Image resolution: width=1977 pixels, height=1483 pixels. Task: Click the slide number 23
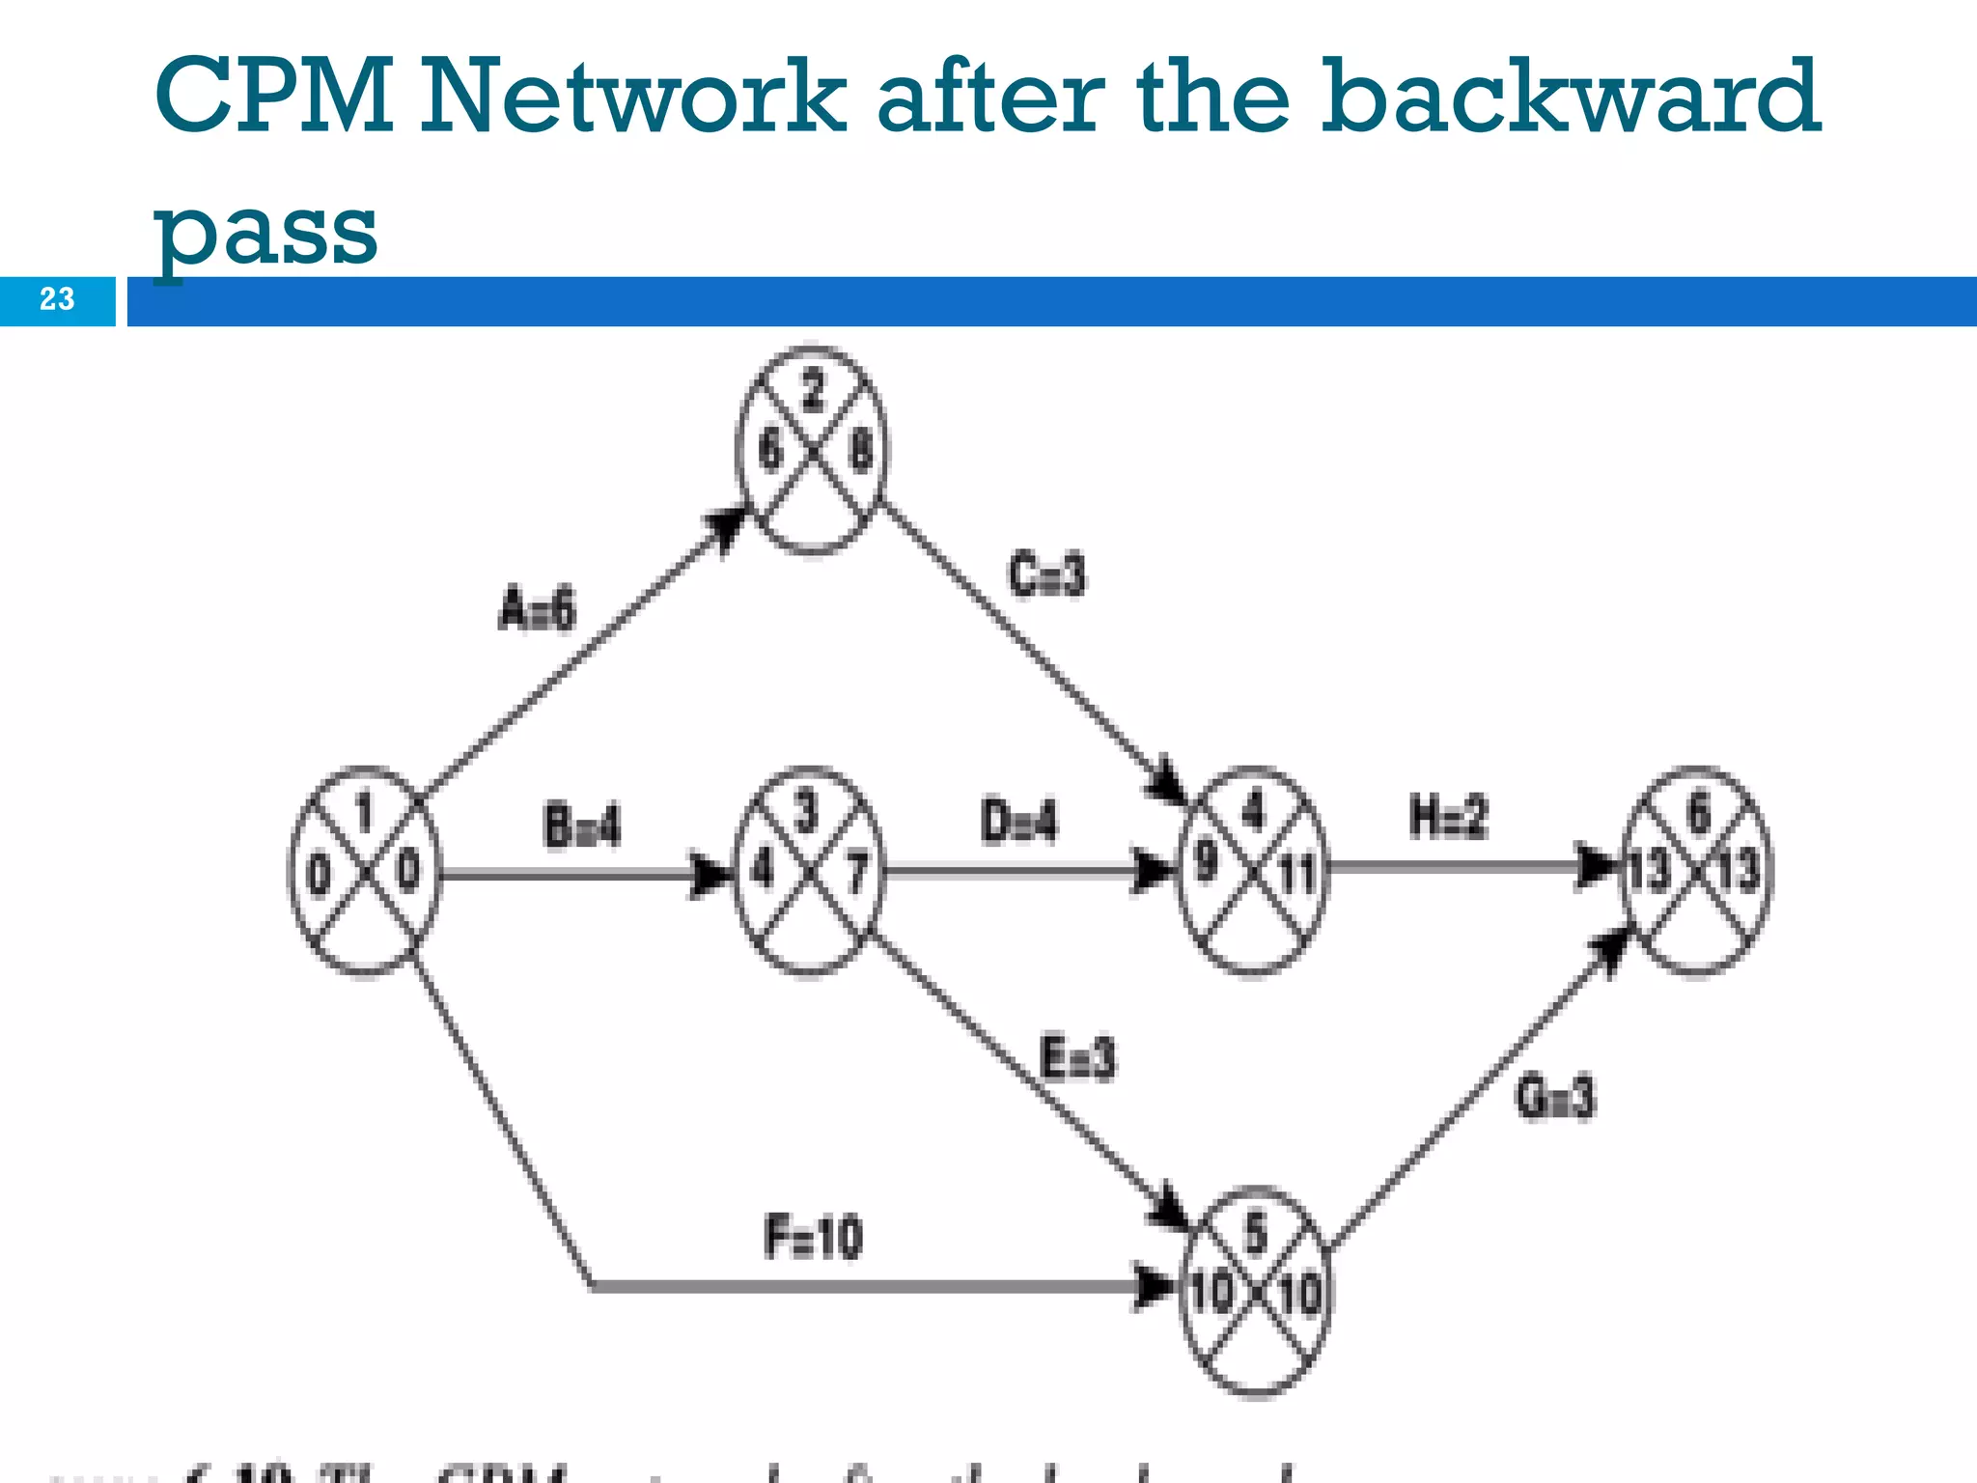57,299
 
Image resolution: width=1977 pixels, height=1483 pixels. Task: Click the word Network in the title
632,97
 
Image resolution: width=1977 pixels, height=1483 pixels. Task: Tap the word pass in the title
265,232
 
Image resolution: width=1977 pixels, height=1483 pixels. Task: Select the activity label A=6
537,609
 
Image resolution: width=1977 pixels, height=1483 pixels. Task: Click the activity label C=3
1046,574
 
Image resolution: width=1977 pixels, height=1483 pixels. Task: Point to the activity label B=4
582,827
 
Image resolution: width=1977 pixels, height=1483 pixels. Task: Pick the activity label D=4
1018,823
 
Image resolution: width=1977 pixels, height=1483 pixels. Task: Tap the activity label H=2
1448,818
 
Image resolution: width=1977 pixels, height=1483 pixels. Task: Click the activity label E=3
1077,1057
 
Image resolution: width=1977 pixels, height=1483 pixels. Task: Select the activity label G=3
1555,1098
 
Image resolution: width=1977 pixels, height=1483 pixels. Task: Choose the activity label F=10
813,1237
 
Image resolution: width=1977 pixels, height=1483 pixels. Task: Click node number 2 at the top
813,391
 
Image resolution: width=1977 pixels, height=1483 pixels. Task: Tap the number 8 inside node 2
860,451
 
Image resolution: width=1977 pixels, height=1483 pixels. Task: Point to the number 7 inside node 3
856,873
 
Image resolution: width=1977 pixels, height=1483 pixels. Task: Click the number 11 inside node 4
1296,875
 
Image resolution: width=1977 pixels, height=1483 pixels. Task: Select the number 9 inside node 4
1206,860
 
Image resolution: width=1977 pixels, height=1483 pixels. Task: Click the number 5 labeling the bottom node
1254,1235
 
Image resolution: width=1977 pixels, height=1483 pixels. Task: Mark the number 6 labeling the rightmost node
1698,813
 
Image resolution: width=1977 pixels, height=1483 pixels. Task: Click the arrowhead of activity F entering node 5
1154,1286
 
